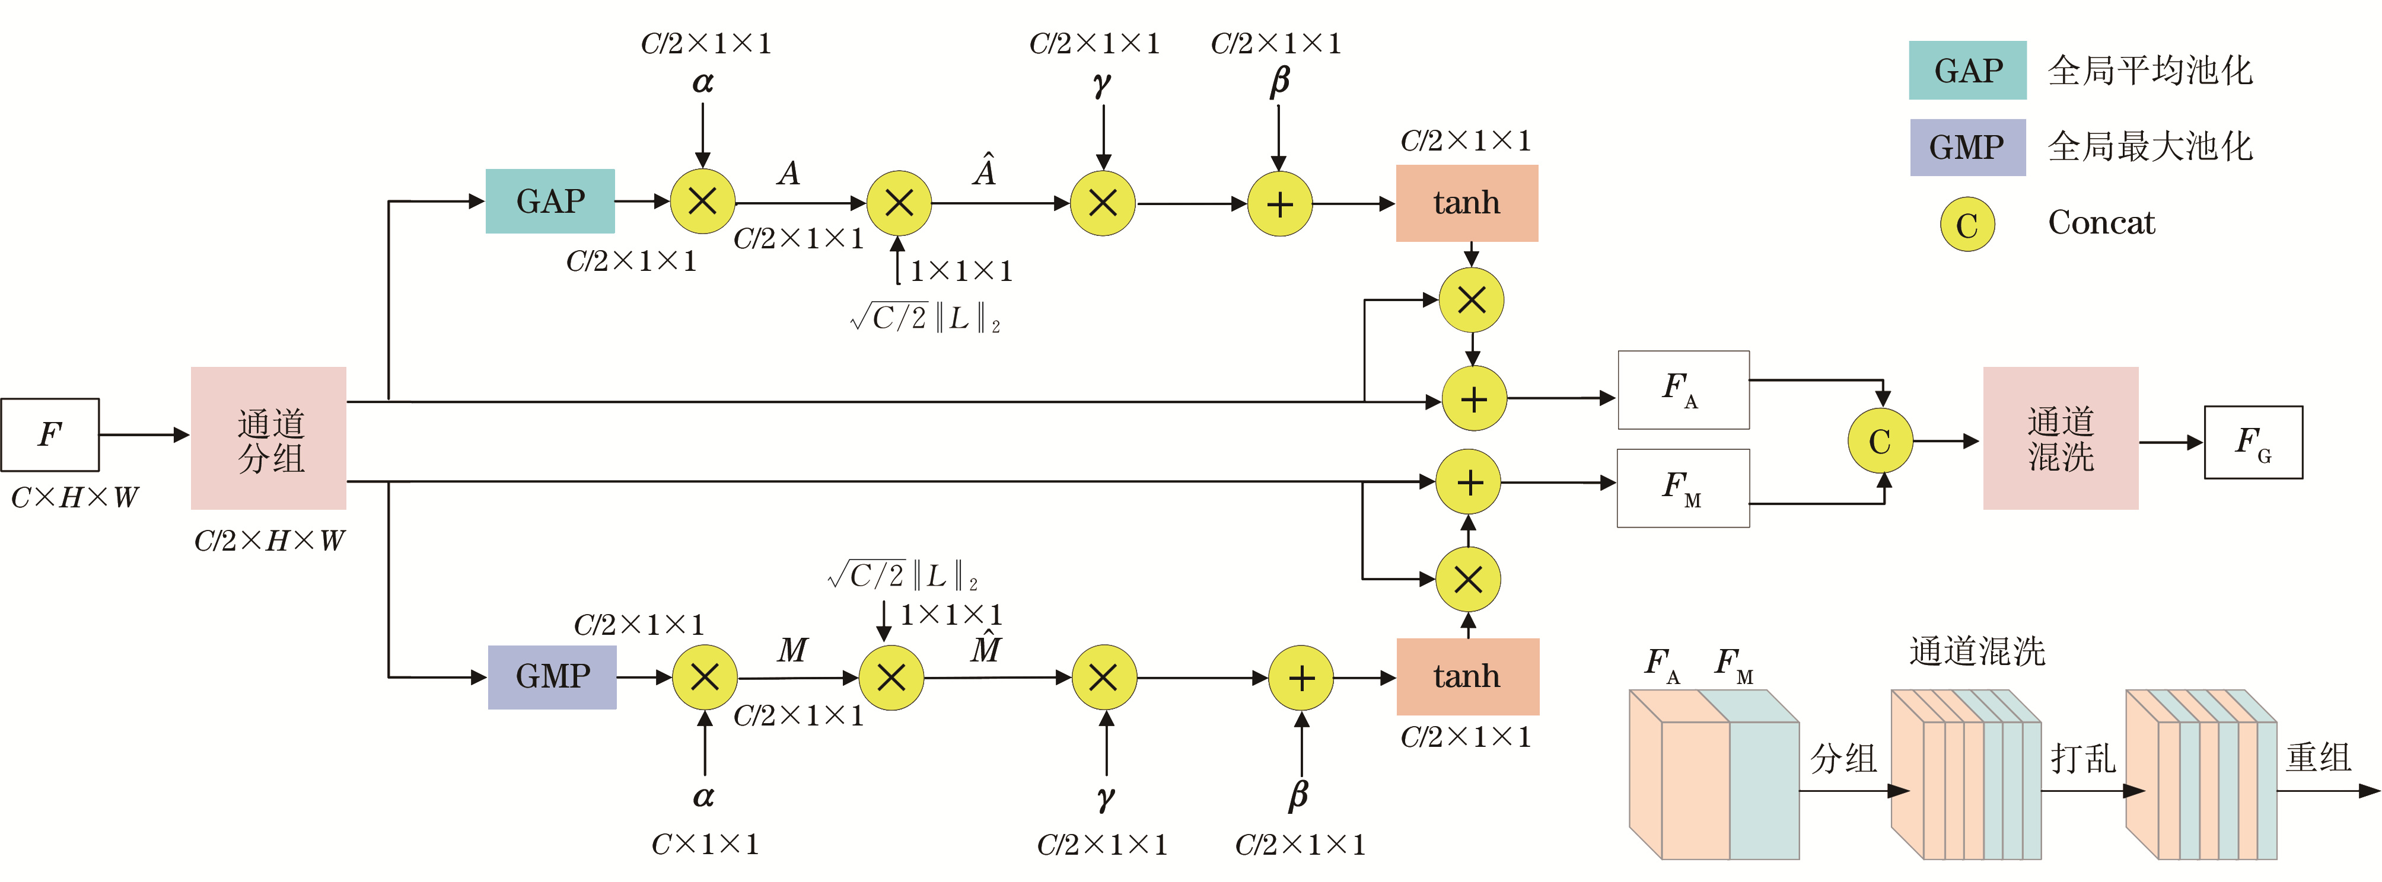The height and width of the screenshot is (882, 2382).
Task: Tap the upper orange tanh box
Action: [1467, 203]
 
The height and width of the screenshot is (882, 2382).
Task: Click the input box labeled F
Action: [50, 434]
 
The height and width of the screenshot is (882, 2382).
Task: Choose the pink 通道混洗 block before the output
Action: [2060, 438]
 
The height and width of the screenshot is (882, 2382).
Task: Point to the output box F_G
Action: [2253, 442]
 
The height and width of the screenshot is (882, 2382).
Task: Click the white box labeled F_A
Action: [1683, 389]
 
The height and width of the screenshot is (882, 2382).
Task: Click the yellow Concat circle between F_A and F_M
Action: [1880, 441]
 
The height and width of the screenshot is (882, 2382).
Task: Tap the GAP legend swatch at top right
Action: [1968, 71]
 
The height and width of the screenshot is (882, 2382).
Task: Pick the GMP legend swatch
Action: [1968, 147]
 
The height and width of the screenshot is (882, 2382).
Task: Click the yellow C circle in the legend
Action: [1967, 225]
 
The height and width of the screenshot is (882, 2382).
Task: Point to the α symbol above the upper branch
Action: [703, 82]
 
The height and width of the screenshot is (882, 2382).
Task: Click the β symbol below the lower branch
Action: [1299, 795]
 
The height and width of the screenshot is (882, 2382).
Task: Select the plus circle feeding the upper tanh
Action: [1280, 203]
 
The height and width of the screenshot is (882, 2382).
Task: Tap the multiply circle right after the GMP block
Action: [705, 677]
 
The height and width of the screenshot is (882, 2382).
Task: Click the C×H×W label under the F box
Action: [74, 497]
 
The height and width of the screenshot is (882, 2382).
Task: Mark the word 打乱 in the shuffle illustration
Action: [2083, 758]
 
